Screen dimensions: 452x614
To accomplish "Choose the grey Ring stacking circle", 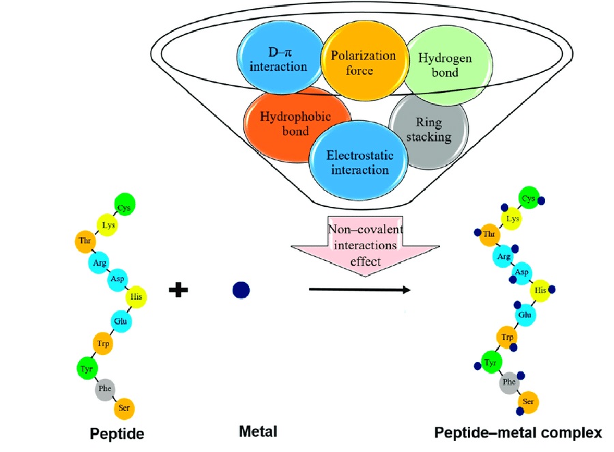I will point(429,130).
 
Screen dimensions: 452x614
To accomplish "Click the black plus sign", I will point(179,289).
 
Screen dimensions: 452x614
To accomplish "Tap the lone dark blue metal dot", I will point(241,290).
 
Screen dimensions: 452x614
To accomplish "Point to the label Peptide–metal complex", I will point(518,432).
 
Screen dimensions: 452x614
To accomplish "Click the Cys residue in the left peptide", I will point(125,202).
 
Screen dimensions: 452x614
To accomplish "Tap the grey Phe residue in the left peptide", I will point(104,390).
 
